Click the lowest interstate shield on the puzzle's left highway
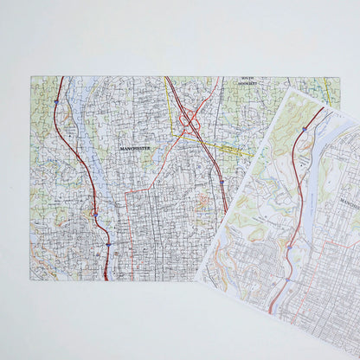(x=106, y=244)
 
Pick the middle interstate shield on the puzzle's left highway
(x=95, y=208)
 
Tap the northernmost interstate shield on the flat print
(x=305, y=129)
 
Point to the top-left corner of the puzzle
(x=32, y=77)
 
